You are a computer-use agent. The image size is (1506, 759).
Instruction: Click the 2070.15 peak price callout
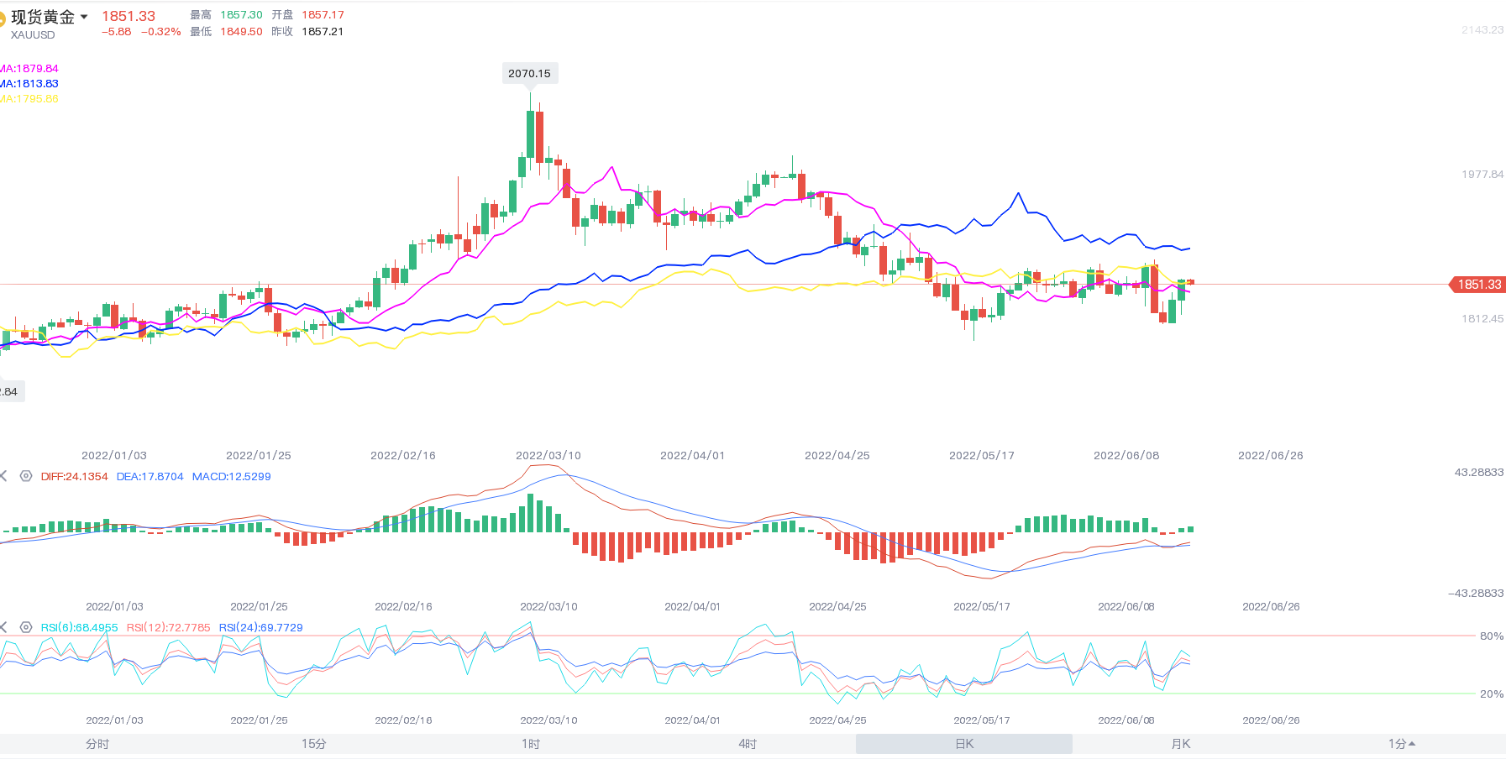(x=529, y=74)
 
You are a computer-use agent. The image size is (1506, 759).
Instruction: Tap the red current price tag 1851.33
(x=1478, y=285)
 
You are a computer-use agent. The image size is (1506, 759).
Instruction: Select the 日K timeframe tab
(x=964, y=744)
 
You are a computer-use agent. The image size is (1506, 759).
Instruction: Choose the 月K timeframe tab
(x=1180, y=744)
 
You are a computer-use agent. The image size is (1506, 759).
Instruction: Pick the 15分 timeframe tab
(x=314, y=744)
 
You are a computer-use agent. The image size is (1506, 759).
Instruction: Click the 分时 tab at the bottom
(x=97, y=744)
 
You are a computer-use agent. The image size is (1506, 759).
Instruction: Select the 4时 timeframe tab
(x=748, y=744)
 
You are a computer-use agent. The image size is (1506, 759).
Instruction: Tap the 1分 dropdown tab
(x=1401, y=744)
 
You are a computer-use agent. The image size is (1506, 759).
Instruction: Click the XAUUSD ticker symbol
(x=33, y=35)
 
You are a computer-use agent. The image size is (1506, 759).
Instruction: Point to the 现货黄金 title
(x=43, y=17)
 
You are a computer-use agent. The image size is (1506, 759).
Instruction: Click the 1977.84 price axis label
(x=1482, y=175)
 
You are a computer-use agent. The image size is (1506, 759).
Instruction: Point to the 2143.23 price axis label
(x=1482, y=30)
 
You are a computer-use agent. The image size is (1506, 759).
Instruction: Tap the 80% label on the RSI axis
(x=1491, y=636)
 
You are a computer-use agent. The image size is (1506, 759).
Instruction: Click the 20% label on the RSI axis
(x=1491, y=694)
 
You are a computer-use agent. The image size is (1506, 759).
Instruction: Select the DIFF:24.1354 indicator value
(x=74, y=477)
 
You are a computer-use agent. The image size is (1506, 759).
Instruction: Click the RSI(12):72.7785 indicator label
(x=168, y=628)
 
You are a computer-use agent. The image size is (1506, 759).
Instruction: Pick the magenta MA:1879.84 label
(x=29, y=69)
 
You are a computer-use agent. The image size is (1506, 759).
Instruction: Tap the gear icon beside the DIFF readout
(x=26, y=476)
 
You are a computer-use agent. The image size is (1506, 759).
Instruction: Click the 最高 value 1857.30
(x=241, y=15)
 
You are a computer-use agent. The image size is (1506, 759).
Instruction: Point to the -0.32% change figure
(x=160, y=32)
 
